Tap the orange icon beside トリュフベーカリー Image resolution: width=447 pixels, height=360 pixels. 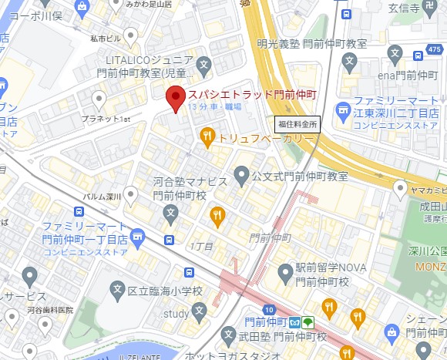(207, 137)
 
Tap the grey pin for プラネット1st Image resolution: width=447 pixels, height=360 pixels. (99, 99)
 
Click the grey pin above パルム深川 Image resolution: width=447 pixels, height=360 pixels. (131, 193)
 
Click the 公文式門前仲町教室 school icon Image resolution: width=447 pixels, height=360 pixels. (242, 175)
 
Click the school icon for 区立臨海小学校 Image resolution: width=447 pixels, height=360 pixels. (117, 291)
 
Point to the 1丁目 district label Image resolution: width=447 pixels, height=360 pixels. (201, 245)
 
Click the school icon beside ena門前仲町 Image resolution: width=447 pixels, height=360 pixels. (395, 56)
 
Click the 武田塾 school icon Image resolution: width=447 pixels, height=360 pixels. (228, 335)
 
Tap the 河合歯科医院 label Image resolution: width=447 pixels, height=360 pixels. (47, 310)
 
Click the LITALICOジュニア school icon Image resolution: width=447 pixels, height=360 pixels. (204, 64)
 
